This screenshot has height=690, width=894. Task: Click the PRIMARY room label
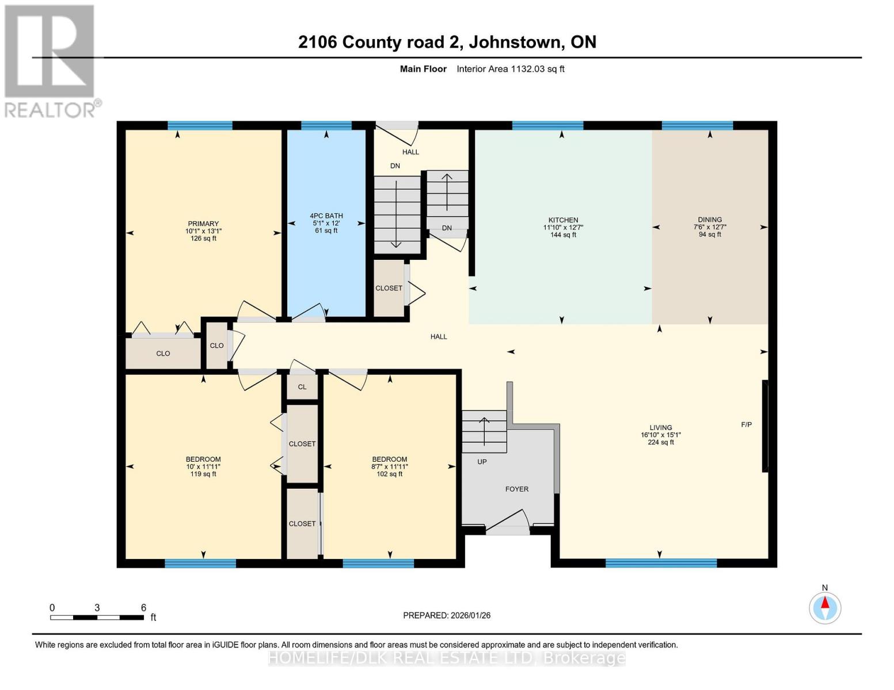(203, 224)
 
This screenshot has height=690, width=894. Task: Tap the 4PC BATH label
(326, 216)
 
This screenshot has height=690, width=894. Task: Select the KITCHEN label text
(563, 220)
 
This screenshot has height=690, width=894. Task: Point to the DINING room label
(710, 220)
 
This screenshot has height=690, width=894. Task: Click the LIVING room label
(661, 427)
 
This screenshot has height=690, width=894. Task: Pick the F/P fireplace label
(746, 424)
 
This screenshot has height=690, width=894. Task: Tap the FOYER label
(517, 489)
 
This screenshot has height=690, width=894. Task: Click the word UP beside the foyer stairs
(482, 462)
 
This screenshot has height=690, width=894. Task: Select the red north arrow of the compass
(825, 603)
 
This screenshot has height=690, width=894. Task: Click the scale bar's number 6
(143, 607)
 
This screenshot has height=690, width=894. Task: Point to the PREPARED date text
(447, 615)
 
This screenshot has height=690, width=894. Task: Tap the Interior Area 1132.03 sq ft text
(510, 69)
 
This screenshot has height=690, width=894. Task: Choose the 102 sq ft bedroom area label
(390, 474)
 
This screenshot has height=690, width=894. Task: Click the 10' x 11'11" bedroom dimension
(203, 466)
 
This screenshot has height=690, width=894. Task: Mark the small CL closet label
(302, 387)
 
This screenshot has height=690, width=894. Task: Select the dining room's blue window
(697, 125)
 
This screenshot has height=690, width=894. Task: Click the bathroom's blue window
(326, 125)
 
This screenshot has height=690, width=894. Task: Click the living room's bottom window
(661, 563)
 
